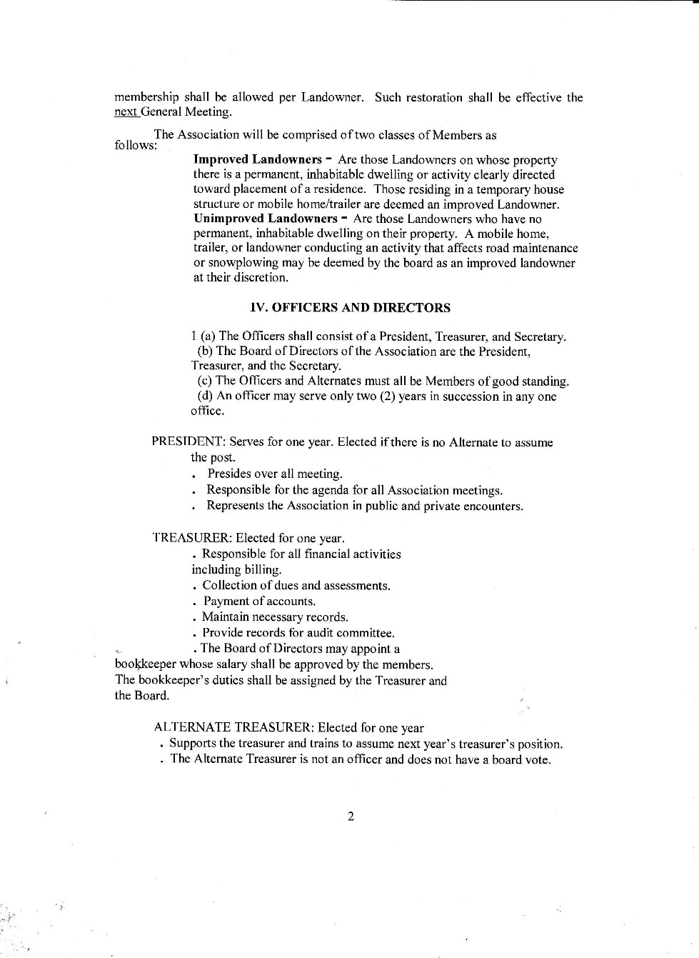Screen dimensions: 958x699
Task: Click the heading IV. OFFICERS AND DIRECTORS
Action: pyautogui.click(x=350, y=308)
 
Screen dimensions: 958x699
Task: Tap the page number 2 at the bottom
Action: pyautogui.click(x=351, y=817)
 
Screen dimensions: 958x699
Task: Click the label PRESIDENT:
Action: pyautogui.click(x=188, y=442)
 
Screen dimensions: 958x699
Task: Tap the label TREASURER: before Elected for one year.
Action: pyautogui.click(x=192, y=538)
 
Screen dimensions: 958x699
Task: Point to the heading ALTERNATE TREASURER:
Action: pyautogui.click(x=233, y=728)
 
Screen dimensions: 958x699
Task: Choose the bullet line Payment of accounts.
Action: pyautogui.click(x=258, y=602)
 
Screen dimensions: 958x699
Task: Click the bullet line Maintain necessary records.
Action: pyautogui.click(x=274, y=617)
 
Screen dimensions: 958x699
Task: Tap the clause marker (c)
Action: pyautogui.click(x=204, y=381)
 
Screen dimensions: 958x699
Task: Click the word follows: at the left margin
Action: pyautogui.click(x=136, y=145)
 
